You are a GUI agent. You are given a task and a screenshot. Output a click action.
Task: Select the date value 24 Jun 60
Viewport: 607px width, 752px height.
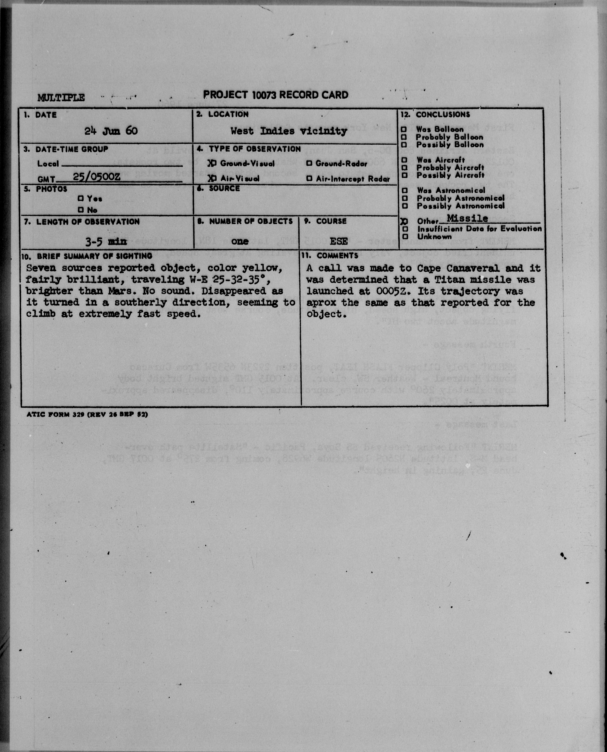pos(111,131)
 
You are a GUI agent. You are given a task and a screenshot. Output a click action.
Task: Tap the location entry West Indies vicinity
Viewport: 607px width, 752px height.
pos(288,131)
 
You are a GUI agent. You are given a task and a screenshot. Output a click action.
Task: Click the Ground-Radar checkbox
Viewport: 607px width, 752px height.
pos(309,163)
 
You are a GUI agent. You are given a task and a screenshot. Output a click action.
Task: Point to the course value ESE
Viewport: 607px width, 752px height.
pos(338,241)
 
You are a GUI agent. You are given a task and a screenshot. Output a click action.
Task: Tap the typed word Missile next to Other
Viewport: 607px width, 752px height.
pos(467,218)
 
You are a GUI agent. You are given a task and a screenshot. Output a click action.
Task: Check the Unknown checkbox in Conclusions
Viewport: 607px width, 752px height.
pos(405,237)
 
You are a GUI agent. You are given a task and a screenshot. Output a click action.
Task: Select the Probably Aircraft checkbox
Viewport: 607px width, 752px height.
pos(405,168)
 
